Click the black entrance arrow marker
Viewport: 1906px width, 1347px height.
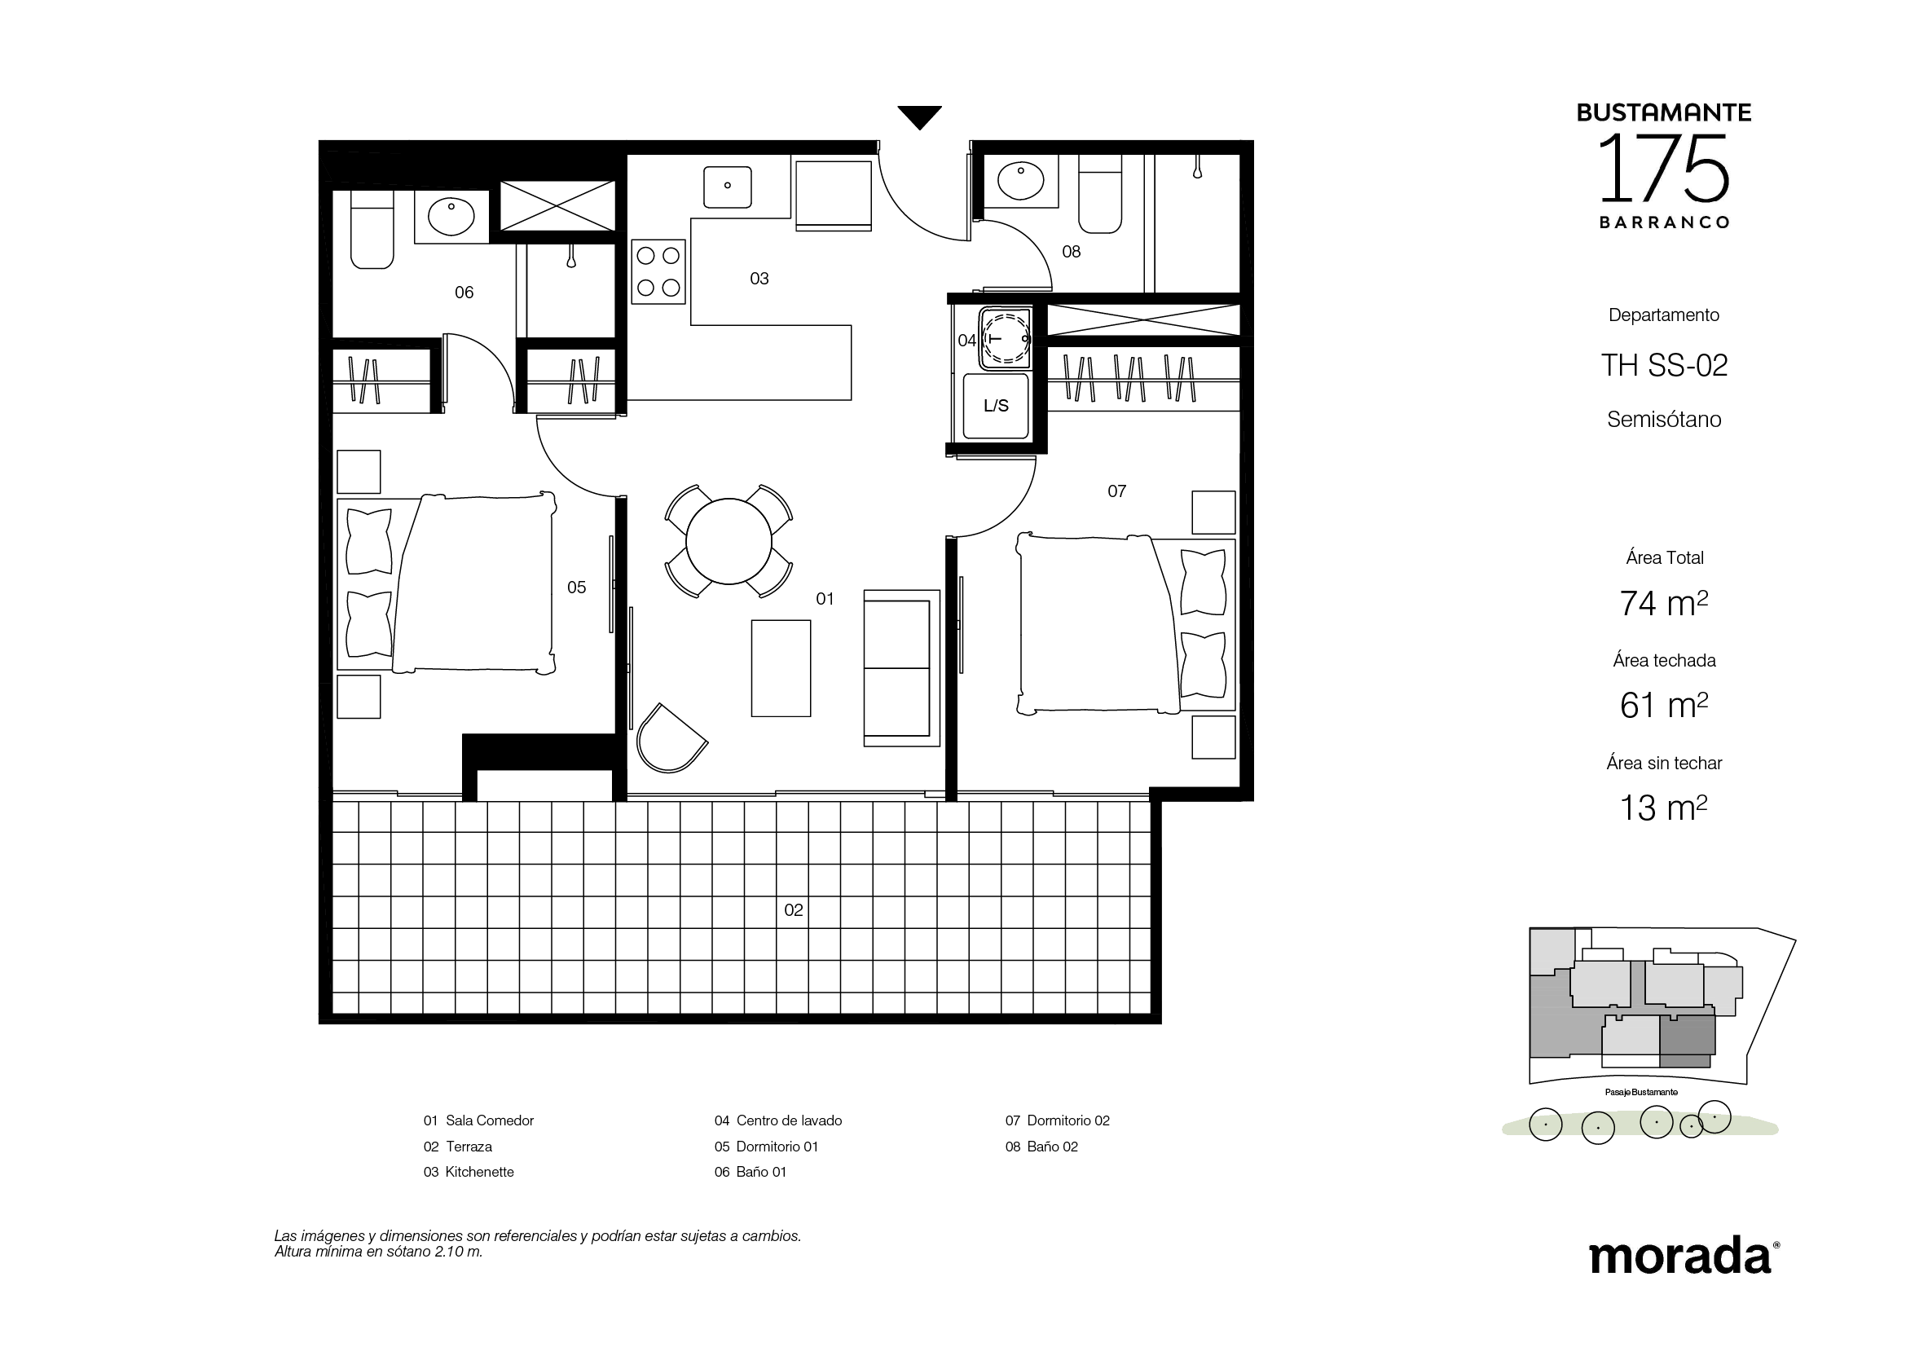click(x=919, y=117)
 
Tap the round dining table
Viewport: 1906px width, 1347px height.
click(x=728, y=541)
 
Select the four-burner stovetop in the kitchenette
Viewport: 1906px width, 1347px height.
click(x=658, y=271)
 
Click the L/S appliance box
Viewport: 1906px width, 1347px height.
click(x=995, y=405)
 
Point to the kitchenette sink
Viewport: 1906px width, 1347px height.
click(x=727, y=187)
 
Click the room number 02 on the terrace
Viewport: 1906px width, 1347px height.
click(x=794, y=909)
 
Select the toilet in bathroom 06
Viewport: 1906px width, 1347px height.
click(x=371, y=228)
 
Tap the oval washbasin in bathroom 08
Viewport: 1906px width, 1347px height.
click(x=1020, y=182)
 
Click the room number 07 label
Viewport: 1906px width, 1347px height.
click(x=1116, y=491)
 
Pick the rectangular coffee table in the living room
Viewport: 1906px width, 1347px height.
click(x=781, y=668)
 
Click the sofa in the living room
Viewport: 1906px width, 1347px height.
click(x=901, y=668)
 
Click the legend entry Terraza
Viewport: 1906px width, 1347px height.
click(x=469, y=1147)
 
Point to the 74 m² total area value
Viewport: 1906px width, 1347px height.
click(x=1664, y=602)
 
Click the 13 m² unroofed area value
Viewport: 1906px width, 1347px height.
click(x=1664, y=808)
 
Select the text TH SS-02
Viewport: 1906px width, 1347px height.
click(x=1664, y=365)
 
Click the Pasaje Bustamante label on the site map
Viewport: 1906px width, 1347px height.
click(x=1641, y=1092)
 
